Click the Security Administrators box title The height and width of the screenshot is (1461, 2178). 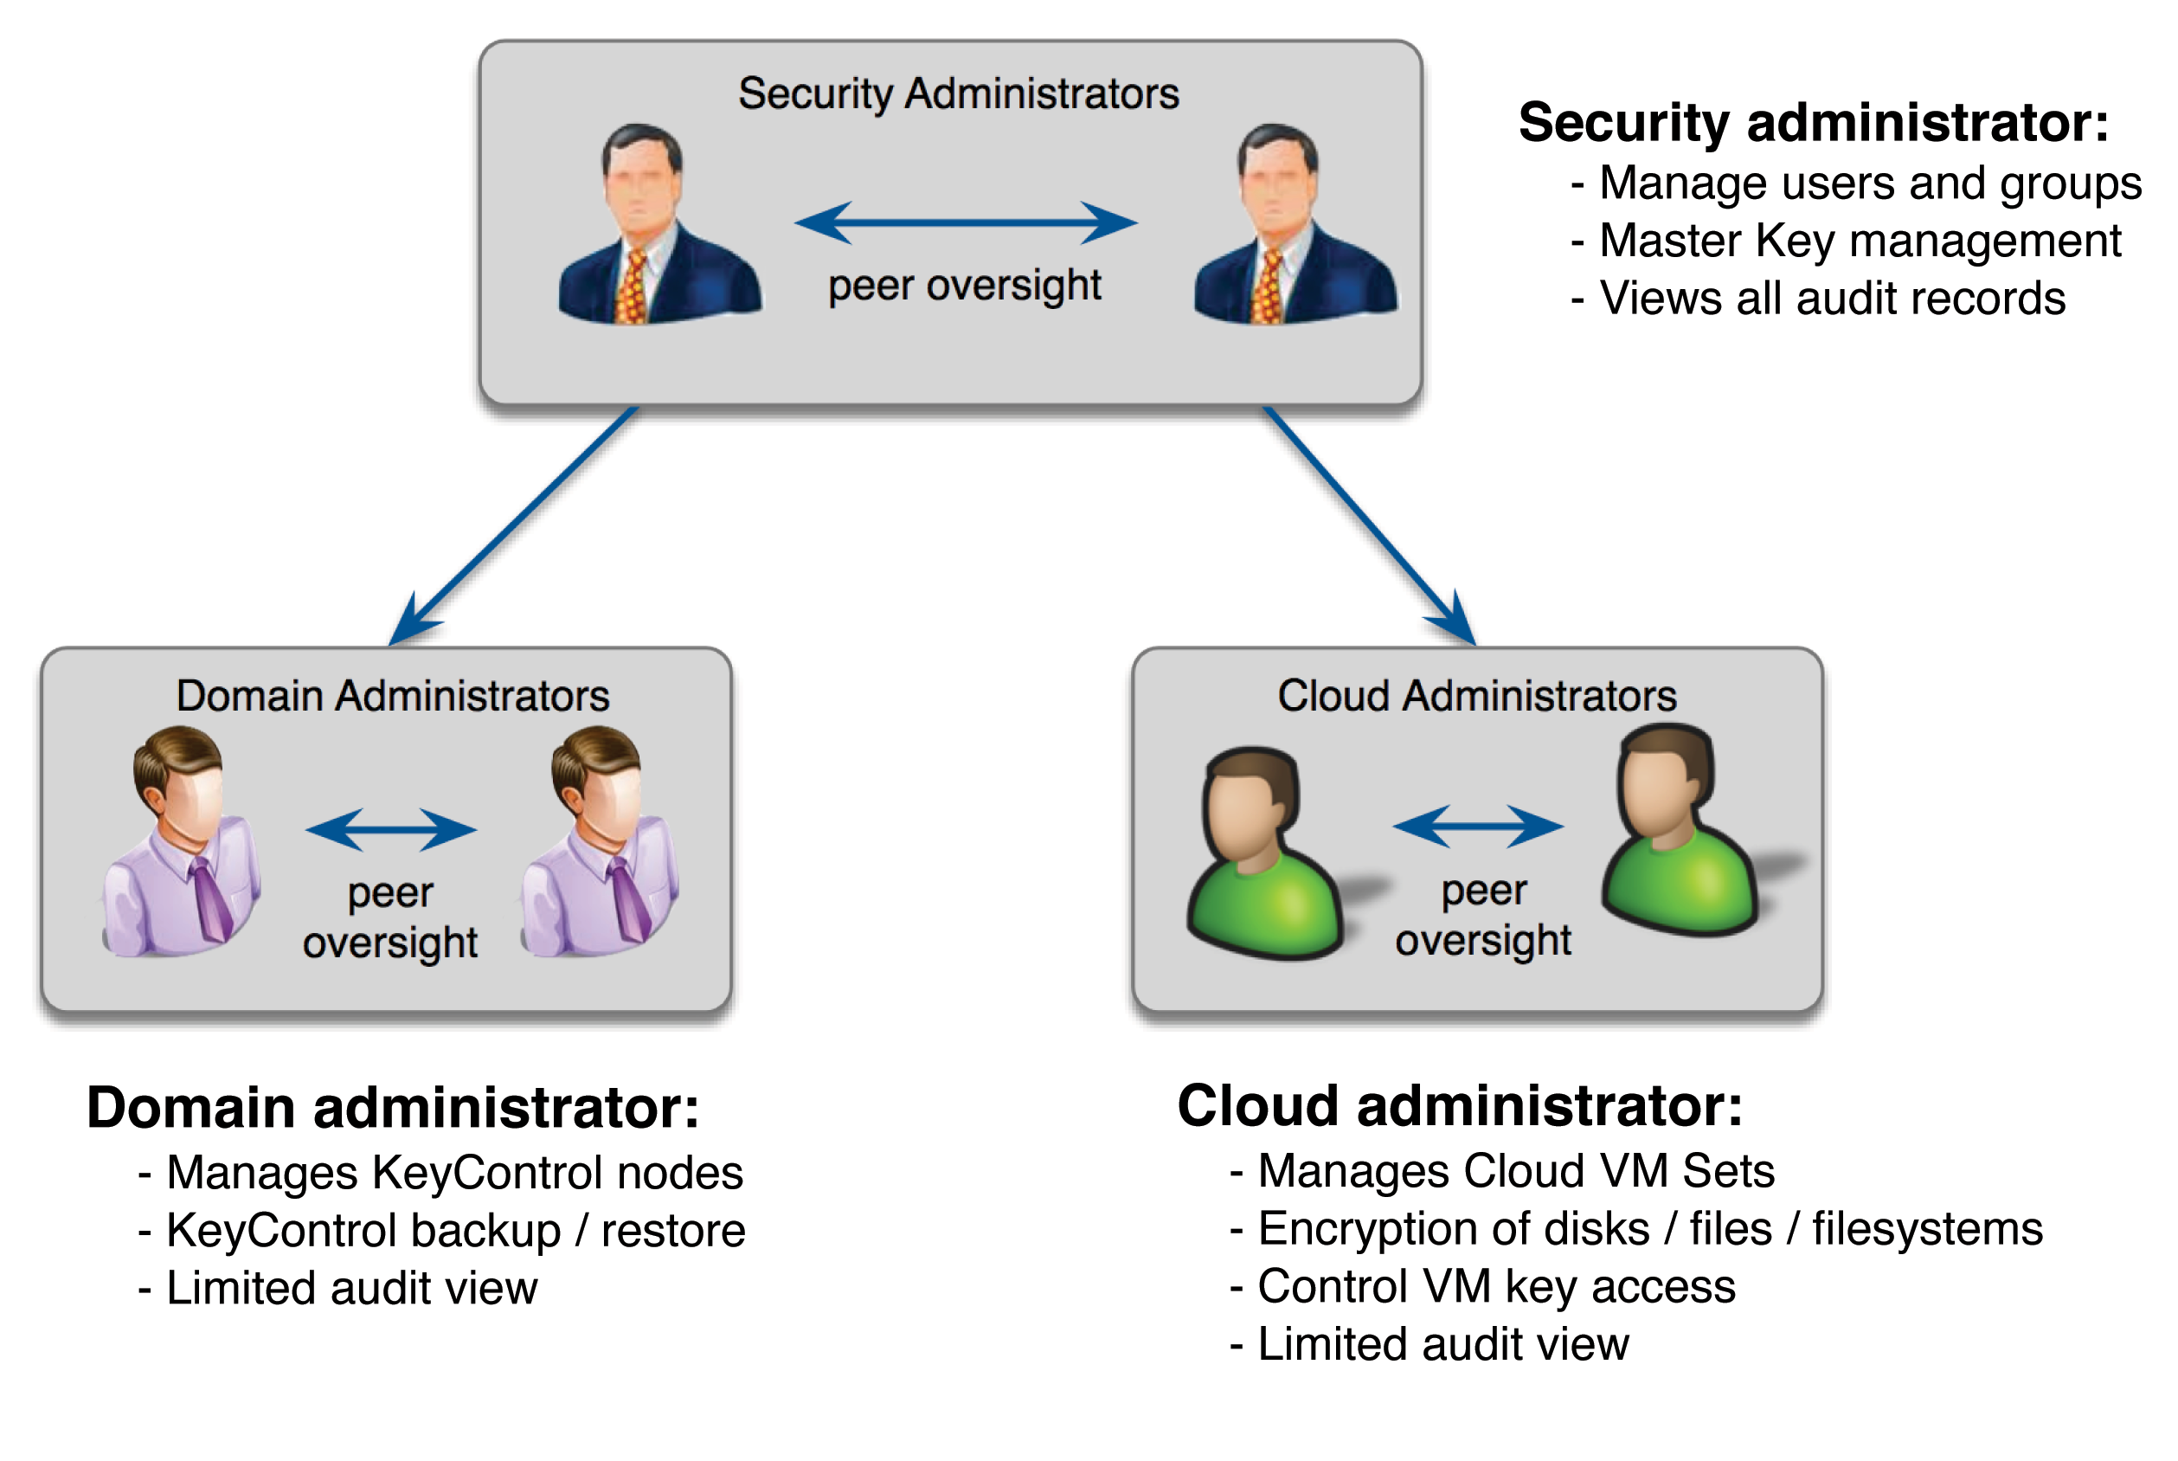pyautogui.click(x=958, y=94)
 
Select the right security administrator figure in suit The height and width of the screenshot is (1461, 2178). pyautogui.click(x=1295, y=228)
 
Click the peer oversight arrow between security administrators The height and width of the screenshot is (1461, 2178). pyautogui.click(x=965, y=222)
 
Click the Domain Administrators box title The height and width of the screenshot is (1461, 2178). pyautogui.click(x=392, y=696)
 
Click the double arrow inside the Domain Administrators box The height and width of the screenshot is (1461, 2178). pyautogui.click(x=390, y=829)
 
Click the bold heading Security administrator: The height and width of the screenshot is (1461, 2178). pyautogui.click(x=1812, y=123)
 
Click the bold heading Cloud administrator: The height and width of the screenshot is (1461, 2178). pyautogui.click(x=1459, y=1107)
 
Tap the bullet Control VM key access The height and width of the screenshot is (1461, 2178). pyautogui.click(x=1495, y=1287)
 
